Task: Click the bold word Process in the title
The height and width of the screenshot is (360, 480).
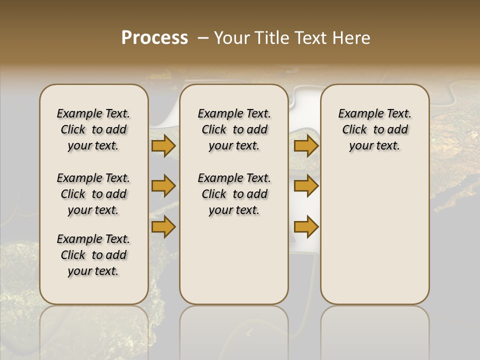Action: pos(154,38)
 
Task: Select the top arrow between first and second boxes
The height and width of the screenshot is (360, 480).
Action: pos(163,146)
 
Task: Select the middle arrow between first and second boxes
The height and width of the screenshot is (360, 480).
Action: pos(163,186)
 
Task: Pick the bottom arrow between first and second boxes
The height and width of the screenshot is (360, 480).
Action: pos(163,226)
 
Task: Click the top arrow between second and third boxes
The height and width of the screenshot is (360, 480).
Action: pos(306,146)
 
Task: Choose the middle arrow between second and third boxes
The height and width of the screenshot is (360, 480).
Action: pos(306,186)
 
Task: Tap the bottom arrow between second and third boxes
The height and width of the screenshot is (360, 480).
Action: pos(306,226)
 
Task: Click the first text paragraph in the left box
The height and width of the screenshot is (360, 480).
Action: pos(93,129)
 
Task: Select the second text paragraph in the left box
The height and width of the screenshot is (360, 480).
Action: pos(93,194)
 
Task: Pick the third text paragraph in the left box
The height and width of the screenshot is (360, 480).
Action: pos(93,255)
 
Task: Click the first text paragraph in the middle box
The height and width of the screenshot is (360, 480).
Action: pos(234,129)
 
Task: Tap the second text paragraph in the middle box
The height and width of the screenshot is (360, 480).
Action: pos(234,194)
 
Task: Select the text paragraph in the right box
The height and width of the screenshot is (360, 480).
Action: pos(374,129)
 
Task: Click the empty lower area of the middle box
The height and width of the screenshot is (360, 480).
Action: pos(234,260)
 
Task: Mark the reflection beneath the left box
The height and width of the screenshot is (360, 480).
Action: pos(93,330)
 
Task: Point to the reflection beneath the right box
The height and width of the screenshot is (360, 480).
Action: pos(374,330)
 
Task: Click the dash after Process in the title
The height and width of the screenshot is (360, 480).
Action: pos(203,38)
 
